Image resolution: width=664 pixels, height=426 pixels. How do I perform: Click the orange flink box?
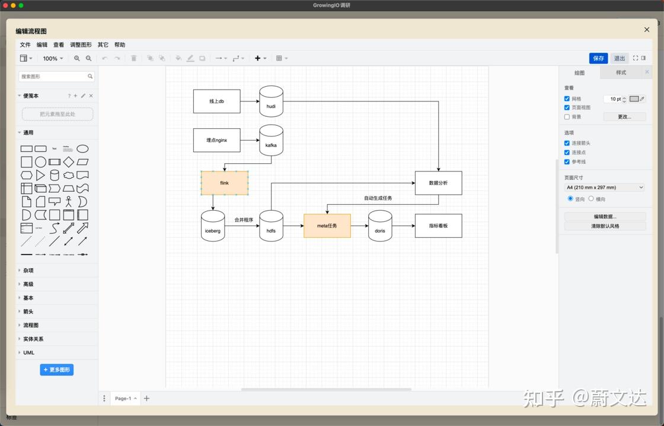(x=224, y=183)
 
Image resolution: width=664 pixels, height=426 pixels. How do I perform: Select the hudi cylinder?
(x=271, y=101)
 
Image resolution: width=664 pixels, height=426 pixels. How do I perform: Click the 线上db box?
(x=216, y=101)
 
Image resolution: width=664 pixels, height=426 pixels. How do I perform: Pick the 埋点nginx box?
(x=216, y=140)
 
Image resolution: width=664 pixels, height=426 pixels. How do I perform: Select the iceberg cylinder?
(x=213, y=226)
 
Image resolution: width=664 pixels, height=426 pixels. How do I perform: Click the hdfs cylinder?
(x=271, y=226)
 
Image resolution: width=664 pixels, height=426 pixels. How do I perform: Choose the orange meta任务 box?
(x=327, y=225)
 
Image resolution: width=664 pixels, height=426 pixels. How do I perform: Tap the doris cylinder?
(x=380, y=226)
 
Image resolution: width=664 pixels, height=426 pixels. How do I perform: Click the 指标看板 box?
(x=438, y=225)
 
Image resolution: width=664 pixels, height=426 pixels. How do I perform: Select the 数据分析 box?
(x=438, y=183)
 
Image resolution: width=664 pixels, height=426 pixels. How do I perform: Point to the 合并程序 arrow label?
(x=244, y=220)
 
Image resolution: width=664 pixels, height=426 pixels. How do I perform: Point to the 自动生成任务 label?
(x=378, y=198)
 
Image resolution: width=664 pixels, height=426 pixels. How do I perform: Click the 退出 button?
(x=620, y=58)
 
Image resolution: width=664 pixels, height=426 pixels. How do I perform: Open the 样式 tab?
(x=621, y=72)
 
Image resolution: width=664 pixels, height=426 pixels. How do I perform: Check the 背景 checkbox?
(x=567, y=117)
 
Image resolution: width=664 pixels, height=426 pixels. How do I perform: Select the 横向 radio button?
(x=591, y=199)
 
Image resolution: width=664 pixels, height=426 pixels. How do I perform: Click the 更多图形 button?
(x=57, y=370)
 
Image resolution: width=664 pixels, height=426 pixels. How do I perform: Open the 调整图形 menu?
(x=81, y=44)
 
